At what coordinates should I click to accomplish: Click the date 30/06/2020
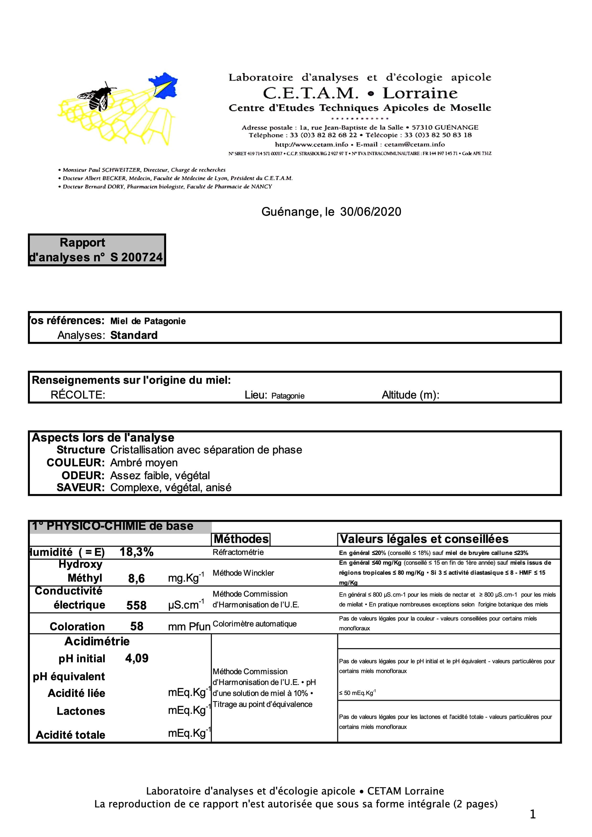370,212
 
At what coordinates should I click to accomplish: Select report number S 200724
136,257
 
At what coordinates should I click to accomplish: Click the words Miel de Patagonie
148,321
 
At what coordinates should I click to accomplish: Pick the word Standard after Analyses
134,335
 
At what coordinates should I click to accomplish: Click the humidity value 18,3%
136,552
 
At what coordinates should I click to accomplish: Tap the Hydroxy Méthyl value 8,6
136,579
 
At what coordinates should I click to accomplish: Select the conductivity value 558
136,605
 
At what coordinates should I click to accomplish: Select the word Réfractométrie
238,552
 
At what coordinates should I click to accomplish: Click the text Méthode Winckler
243,573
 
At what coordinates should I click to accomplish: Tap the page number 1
533,814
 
